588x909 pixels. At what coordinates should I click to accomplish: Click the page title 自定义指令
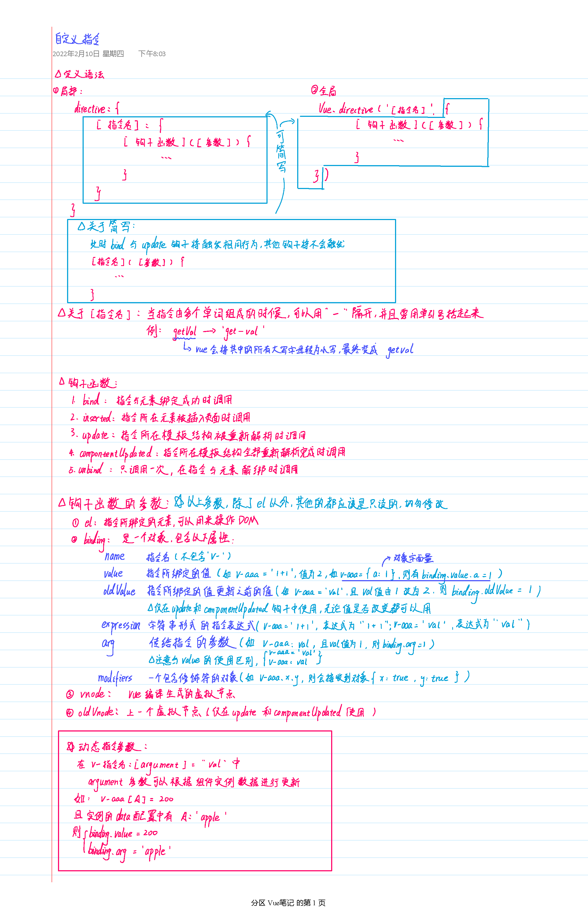[77, 39]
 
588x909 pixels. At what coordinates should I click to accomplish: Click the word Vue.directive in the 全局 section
[346, 109]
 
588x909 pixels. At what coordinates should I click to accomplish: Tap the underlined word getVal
[184, 332]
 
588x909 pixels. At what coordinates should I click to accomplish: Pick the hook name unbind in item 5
[91, 469]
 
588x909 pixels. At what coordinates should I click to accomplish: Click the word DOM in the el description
[248, 520]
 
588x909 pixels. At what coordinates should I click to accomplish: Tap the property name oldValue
[119, 591]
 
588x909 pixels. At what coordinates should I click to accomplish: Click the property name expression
[121, 625]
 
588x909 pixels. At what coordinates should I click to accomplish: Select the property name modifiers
[115, 678]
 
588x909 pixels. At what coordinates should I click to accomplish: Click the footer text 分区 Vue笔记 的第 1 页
[288, 903]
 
